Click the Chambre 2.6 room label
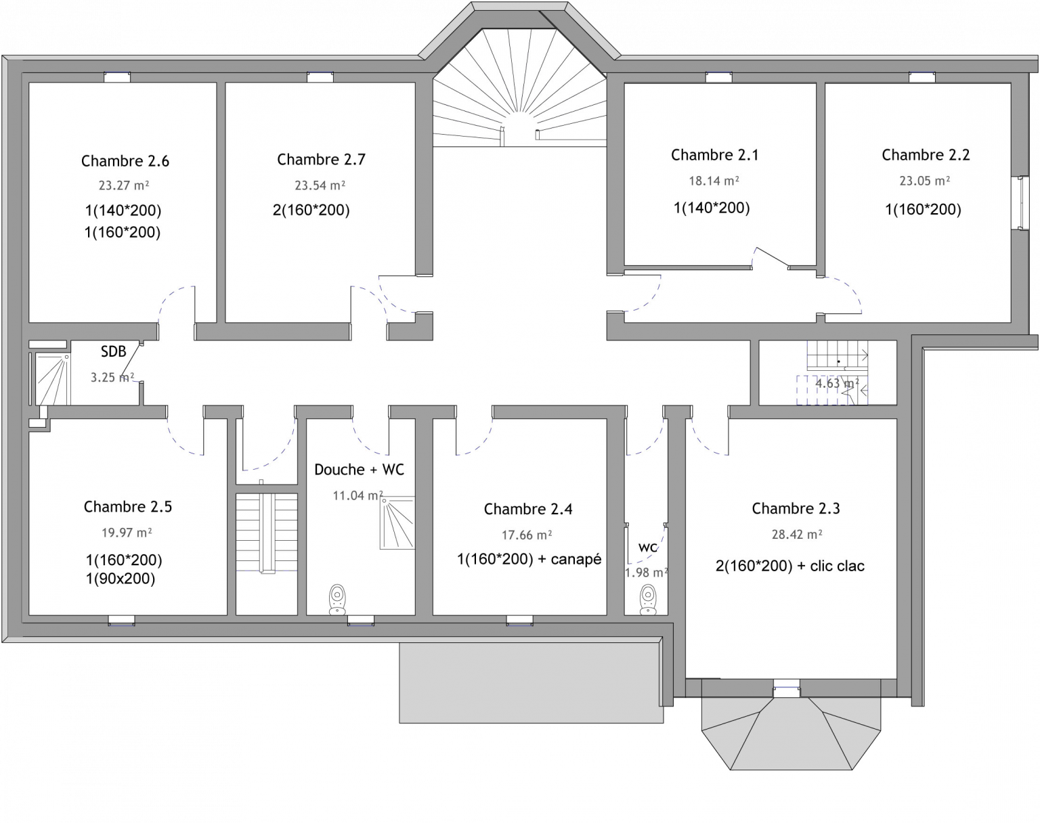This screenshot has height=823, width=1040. (125, 161)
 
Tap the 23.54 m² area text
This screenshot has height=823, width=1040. (320, 185)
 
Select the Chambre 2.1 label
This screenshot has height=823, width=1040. (715, 154)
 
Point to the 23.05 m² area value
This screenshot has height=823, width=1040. (924, 181)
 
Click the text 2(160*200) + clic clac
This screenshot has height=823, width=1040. (790, 566)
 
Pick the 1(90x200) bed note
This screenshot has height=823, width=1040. (121, 579)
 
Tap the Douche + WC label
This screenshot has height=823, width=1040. (359, 469)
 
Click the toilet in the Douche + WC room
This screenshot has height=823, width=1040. (337, 599)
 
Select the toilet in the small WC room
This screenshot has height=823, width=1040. (647, 600)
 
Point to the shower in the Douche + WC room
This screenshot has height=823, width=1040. (397, 523)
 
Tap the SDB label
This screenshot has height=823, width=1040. (114, 351)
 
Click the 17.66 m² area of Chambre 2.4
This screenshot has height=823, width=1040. (527, 535)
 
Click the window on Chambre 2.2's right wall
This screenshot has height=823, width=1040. (1020, 203)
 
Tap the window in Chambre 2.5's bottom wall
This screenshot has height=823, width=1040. (121, 621)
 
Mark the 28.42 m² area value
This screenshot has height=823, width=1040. (797, 534)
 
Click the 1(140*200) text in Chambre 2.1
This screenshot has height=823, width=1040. (712, 208)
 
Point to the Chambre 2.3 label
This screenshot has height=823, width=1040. (796, 508)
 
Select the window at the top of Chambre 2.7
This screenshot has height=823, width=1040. (320, 77)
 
